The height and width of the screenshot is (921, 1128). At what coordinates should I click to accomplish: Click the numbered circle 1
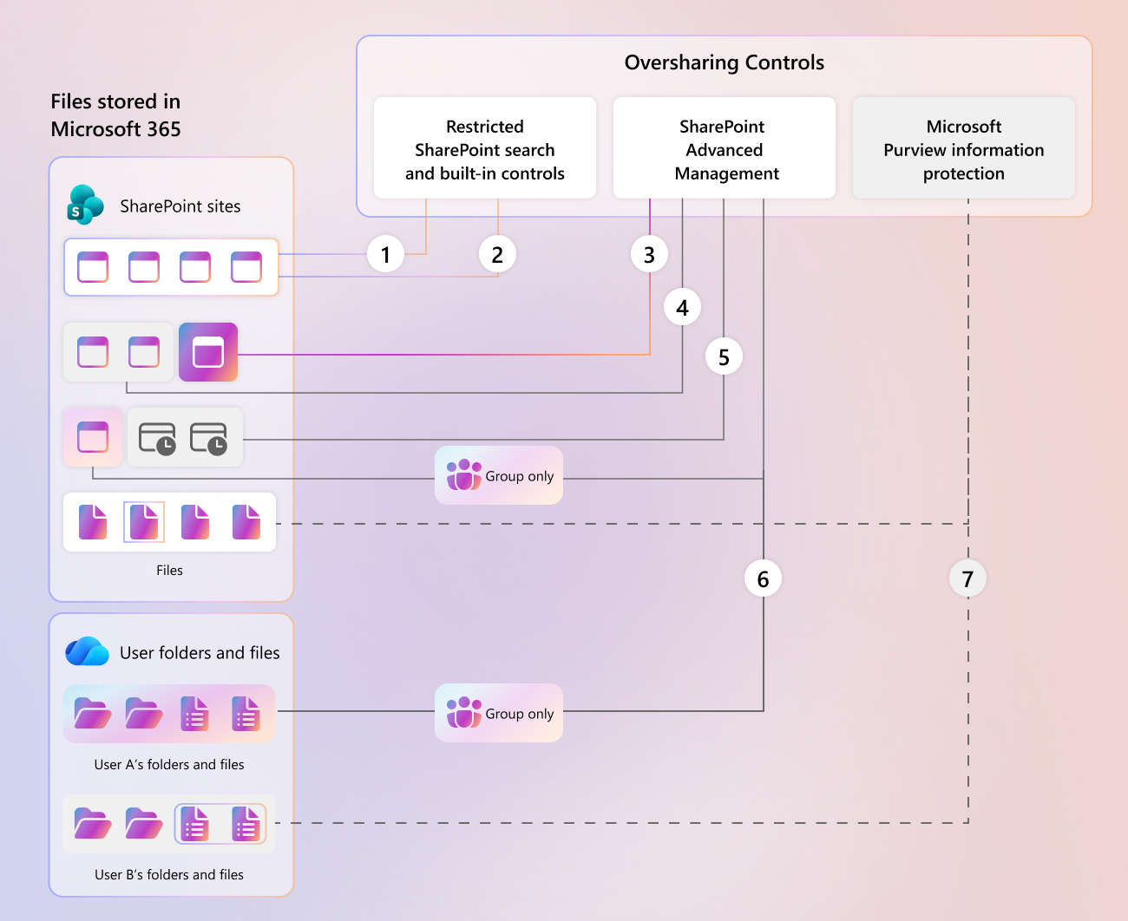coord(385,254)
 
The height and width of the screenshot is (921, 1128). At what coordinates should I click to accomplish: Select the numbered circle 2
coord(497,254)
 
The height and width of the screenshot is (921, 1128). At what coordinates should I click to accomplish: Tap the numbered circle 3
coord(649,254)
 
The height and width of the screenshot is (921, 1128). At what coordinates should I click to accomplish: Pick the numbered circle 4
coord(682,307)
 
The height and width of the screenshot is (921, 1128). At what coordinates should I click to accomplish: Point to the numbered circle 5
coord(724,356)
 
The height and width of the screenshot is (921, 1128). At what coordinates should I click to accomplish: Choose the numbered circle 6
coord(763,578)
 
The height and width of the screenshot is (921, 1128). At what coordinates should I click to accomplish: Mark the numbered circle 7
coord(967,578)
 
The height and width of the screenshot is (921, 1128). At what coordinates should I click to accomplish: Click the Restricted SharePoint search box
coord(485,148)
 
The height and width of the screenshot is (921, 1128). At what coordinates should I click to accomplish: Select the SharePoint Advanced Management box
coord(725,148)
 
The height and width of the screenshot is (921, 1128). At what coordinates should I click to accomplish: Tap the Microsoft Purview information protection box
coord(964,148)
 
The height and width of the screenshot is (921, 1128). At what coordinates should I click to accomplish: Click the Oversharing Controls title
coord(725,62)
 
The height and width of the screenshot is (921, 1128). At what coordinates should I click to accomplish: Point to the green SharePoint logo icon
coord(85,205)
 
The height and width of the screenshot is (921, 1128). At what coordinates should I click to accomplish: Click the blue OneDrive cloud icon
coord(87,651)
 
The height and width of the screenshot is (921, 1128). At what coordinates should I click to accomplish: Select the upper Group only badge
coord(499,475)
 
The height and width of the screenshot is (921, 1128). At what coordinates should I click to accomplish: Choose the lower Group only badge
coord(499,713)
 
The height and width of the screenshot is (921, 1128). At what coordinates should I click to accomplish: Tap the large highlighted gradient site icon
coord(208,352)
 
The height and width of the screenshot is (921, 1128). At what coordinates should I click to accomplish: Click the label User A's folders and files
coord(169,764)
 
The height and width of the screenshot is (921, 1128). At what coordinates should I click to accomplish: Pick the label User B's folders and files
coord(169,874)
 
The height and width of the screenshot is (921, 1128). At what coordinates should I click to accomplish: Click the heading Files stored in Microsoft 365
coord(115,115)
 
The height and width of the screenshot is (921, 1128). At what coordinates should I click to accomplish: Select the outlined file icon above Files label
coord(144,522)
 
